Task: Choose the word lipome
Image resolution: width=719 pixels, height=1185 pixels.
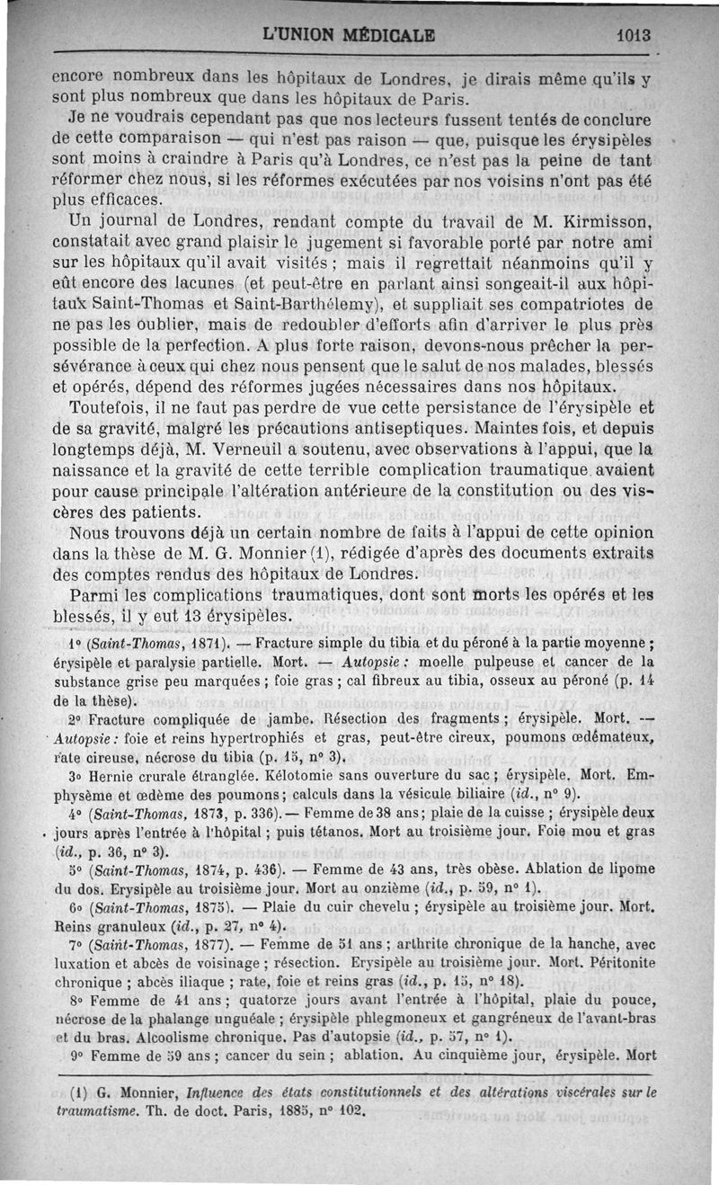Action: tap(631, 869)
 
